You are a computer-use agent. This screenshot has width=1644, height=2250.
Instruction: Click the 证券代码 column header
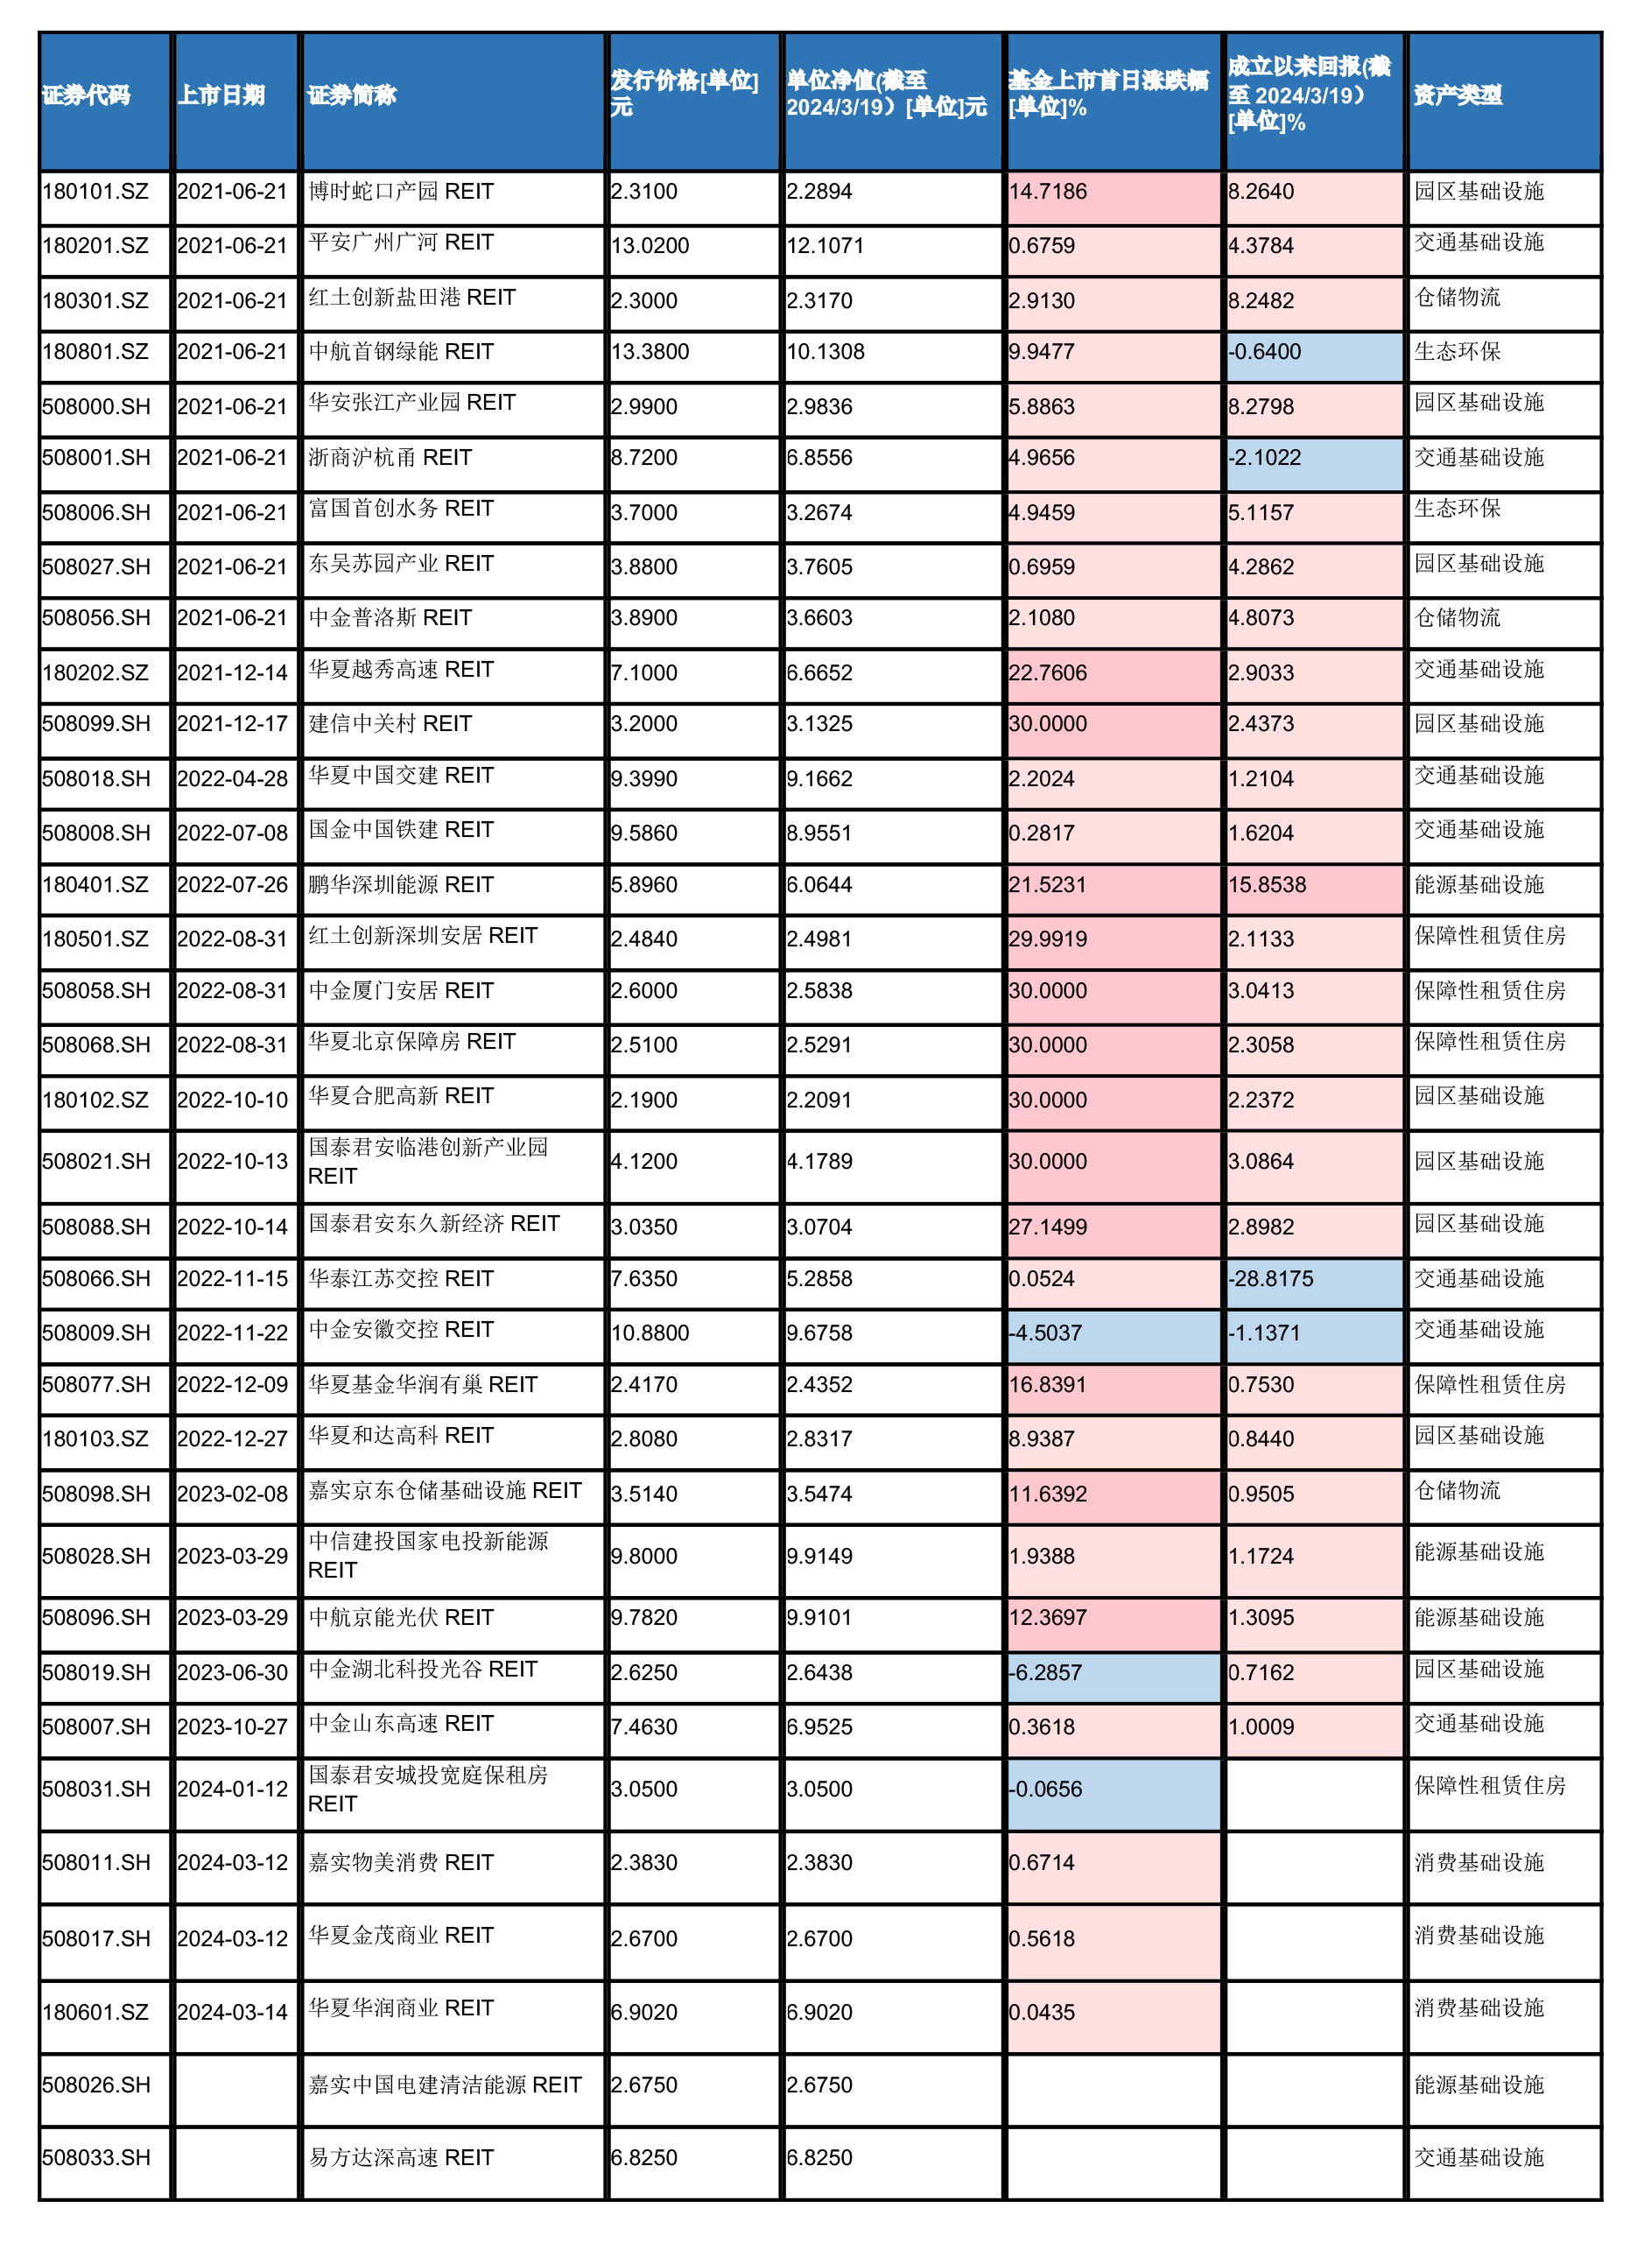pyautogui.click(x=87, y=95)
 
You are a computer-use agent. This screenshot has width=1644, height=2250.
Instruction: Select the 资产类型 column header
pyautogui.click(x=1458, y=95)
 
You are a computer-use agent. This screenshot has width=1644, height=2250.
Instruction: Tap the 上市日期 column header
pyautogui.click(x=221, y=95)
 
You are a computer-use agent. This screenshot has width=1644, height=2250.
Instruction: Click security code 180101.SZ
pyautogui.click(x=95, y=191)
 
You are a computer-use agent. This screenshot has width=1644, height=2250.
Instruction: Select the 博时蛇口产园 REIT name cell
pyautogui.click(x=401, y=191)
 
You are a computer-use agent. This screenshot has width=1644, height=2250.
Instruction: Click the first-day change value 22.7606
pyautogui.click(x=1048, y=672)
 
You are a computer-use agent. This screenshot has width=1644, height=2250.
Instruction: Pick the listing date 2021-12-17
pyautogui.click(x=232, y=723)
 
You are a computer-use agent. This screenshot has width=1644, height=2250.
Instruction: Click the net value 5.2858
pyautogui.click(x=819, y=1279)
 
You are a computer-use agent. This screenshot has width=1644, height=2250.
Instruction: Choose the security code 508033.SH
pyautogui.click(x=96, y=2157)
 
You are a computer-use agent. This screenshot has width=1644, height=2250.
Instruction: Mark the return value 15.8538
pyautogui.click(x=1267, y=884)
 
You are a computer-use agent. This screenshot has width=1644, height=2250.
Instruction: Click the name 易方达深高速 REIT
pyautogui.click(x=401, y=2157)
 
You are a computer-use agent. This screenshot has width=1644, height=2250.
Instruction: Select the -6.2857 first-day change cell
pyautogui.click(x=1045, y=1673)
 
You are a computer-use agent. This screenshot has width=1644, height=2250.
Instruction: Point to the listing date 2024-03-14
pyautogui.click(x=232, y=2012)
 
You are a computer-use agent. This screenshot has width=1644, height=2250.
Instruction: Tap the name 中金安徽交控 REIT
pyautogui.click(x=401, y=1330)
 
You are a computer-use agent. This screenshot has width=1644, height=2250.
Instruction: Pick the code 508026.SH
pyautogui.click(x=96, y=2085)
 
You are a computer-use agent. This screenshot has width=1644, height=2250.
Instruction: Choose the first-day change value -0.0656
pyautogui.click(x=1045, y=1789)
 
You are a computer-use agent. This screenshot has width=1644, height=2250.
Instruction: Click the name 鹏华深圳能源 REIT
pyautogui.click(x=401, y=884)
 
